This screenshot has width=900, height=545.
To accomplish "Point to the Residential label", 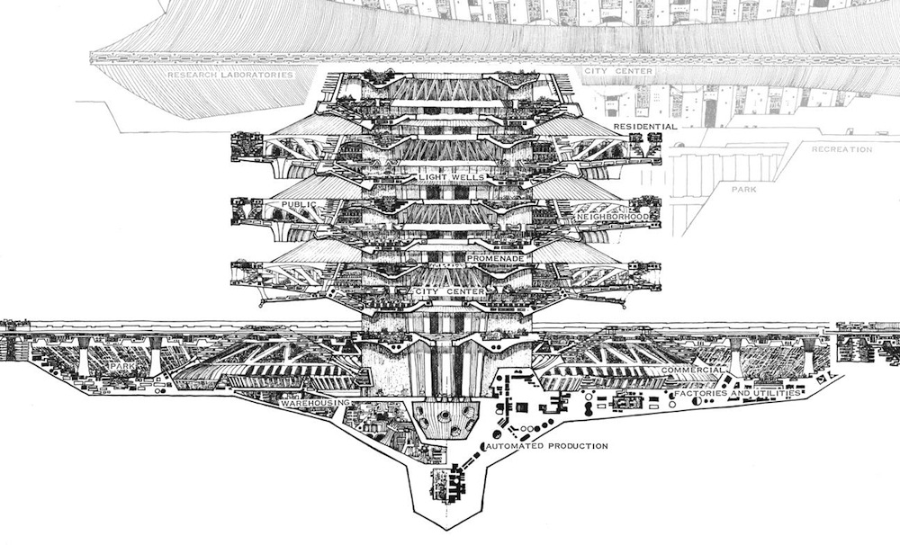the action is click(645, 127).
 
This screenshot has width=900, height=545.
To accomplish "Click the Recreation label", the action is click(841, 149).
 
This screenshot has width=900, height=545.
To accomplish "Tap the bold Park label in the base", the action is click(122, 369).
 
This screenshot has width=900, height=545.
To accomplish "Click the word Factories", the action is click(705, 392).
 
